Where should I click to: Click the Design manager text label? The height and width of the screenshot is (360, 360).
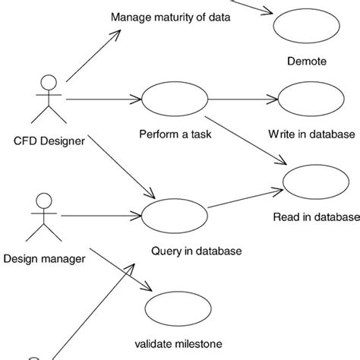[44, 258]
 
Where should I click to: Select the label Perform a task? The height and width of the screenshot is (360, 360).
[175, 134]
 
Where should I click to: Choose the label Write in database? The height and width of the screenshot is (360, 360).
[311, 134]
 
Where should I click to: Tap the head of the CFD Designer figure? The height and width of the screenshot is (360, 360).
[47, 82]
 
